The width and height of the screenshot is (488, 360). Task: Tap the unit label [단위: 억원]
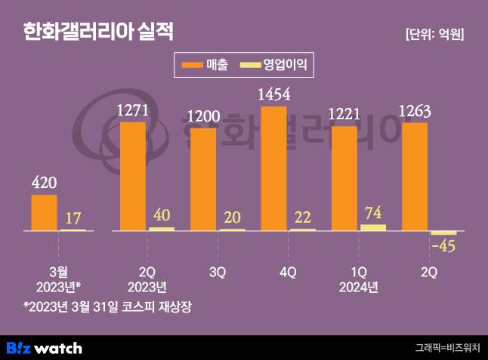(434, 34)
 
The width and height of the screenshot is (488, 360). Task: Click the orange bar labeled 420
(44, 212)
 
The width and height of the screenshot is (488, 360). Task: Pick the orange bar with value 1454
(273, 168)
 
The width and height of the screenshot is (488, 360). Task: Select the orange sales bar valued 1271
(133, 176)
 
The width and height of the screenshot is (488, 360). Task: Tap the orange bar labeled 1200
(203, 179)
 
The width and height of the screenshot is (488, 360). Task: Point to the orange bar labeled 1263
(415, 176)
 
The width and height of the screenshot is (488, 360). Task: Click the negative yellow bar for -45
(443, 232)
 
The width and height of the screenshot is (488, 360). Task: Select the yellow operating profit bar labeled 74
(373, 226)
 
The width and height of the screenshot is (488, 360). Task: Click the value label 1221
(344, 114)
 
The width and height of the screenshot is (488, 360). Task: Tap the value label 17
(73, 218)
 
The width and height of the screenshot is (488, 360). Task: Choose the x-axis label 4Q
(288, 271)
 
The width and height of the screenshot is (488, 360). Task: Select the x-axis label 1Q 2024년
(358, 278)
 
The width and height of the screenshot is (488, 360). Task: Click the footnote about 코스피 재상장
(109, 306)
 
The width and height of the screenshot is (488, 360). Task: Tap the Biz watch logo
(44, 348)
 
